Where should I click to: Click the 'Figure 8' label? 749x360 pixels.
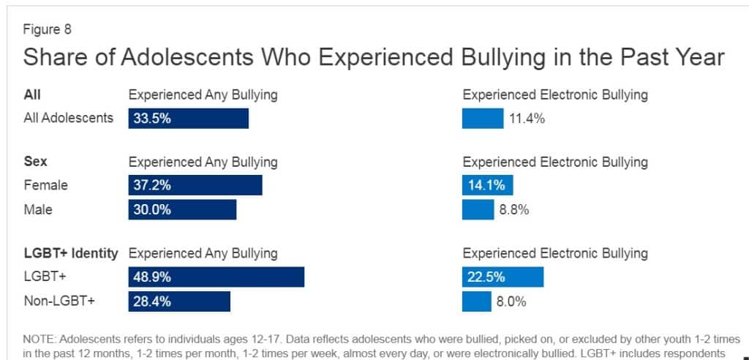pyautogui.click(x=48, y=30)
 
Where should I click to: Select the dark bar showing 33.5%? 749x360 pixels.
pyautogui.click(x=188, y=119)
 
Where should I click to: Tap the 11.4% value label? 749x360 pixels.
pyautogui.click(x=527, y=119)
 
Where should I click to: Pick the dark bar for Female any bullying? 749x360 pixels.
pyautogui.click(x=195, y=186)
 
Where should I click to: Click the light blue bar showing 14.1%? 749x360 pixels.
pyautogui.click(x=487, y=186)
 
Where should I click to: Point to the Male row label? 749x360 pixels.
pyautogui.click(x=38, y=209)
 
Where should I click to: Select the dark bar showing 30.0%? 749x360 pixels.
pyautogui.click(x=182, y=209)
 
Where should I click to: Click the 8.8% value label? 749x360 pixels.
pyautogui.click(x=514, y=209)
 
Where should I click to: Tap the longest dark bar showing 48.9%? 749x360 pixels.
pyautogui.click(x=216, y=277)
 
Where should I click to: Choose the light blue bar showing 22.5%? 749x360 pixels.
pyautogui.click(x=503, y=277)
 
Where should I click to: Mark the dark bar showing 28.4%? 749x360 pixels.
pyautogui.click(x=179, y=301)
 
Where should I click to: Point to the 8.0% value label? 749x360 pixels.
pyautogui.click(x=511, y=301)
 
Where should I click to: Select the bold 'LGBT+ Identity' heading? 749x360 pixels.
pyautogui.click(x=71, y=253)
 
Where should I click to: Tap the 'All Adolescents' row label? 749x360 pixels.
pyautogui.click(x=69, y=118)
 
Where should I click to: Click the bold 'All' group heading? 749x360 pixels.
pyautogui.click(x=32, y=94)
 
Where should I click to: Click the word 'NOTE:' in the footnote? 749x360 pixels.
pyautogui.click(x=39, y=340)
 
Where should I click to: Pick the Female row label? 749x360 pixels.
pyautogui.click(x=45, y=186)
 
